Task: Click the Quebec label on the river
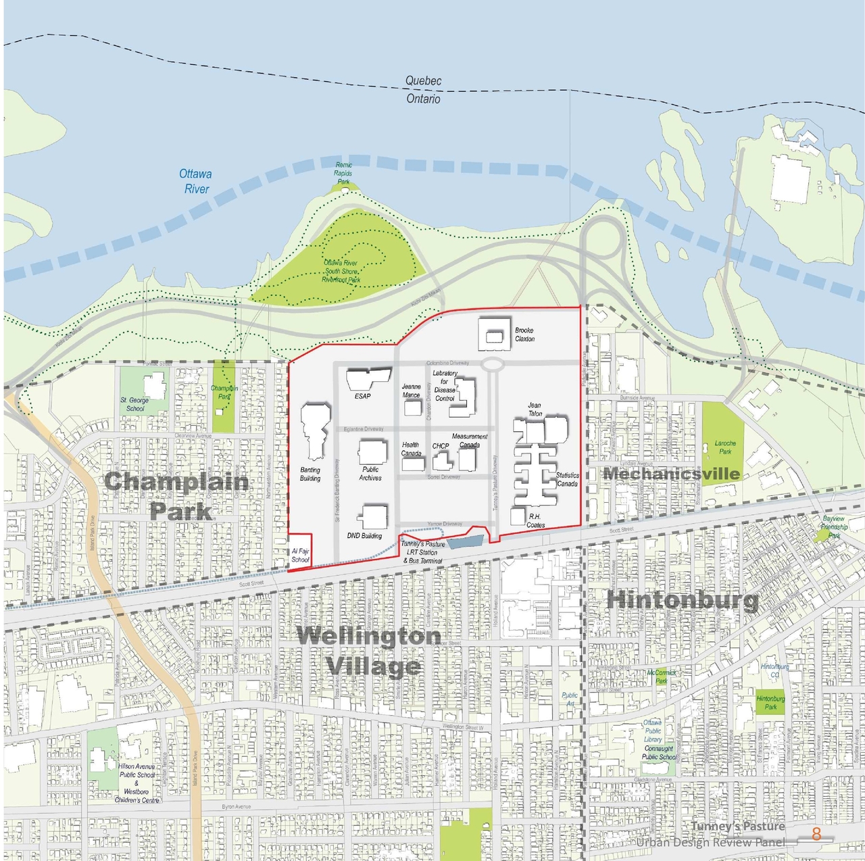coord(423,81)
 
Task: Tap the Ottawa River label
coord(195,181)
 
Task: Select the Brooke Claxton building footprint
coord(495,335)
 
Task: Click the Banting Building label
coord(310,474)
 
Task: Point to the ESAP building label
coord(362,396)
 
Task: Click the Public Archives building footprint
coord(372,451)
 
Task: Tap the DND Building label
coord(364,536)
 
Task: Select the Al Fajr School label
coord(300,556)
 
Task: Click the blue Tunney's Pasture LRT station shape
coord(466,541)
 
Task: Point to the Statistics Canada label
coord(567,479)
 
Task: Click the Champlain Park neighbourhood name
coord(177,495)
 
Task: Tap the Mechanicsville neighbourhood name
coord(671,474)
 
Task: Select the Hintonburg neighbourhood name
coord(682,599)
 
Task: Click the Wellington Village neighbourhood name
coord(370,651)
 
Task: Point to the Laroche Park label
coord(725,447)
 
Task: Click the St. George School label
coord(134,404)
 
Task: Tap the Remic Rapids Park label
coord(343,173)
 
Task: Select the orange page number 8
coord(816,834)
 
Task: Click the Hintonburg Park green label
coord(770,703)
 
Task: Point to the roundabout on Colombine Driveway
coord(493,364)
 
